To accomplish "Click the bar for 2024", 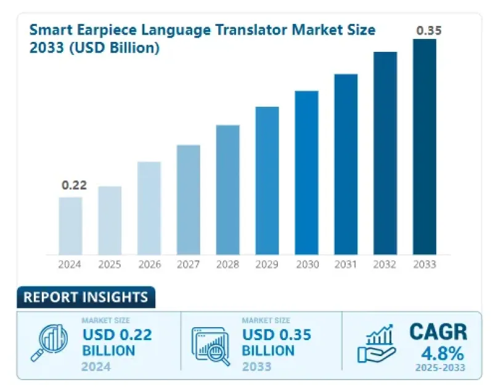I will [70, 225].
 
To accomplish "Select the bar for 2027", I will [189, 199].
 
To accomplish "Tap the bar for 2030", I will [306, 172].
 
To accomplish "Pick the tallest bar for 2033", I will [424, 146].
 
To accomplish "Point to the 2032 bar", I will [385, 152].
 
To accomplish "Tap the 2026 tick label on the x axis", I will [149, 265].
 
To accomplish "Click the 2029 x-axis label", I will [267, 265].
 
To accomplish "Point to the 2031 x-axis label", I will [346, 265].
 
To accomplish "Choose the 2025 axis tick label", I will [110, 265].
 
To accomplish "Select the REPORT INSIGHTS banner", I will [86, 298].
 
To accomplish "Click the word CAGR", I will [438, 332].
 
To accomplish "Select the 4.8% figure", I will [438, 354].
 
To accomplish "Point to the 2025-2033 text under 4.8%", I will [438, 369].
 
